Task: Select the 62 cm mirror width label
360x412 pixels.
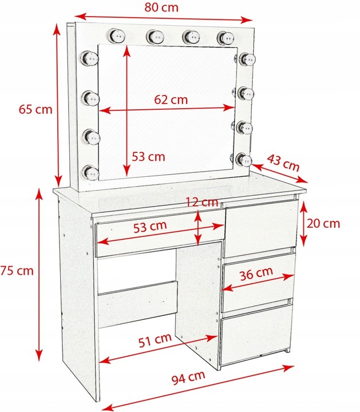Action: point(171,99)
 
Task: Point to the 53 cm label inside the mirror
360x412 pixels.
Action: point(148,156)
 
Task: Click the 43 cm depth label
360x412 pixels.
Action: point(284,163)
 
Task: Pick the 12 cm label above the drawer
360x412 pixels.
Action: point(202,202)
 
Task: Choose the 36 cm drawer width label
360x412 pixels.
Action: point(256,272)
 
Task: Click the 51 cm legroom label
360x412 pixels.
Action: point(155,339)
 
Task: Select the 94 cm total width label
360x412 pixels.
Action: point(188,377)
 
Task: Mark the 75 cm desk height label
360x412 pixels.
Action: point(17,270)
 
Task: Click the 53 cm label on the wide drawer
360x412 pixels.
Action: point(150,225)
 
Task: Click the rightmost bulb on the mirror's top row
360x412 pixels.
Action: point(225,37)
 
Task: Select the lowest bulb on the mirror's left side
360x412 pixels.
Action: point(89,171)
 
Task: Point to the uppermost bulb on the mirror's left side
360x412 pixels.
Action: point(89,57)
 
